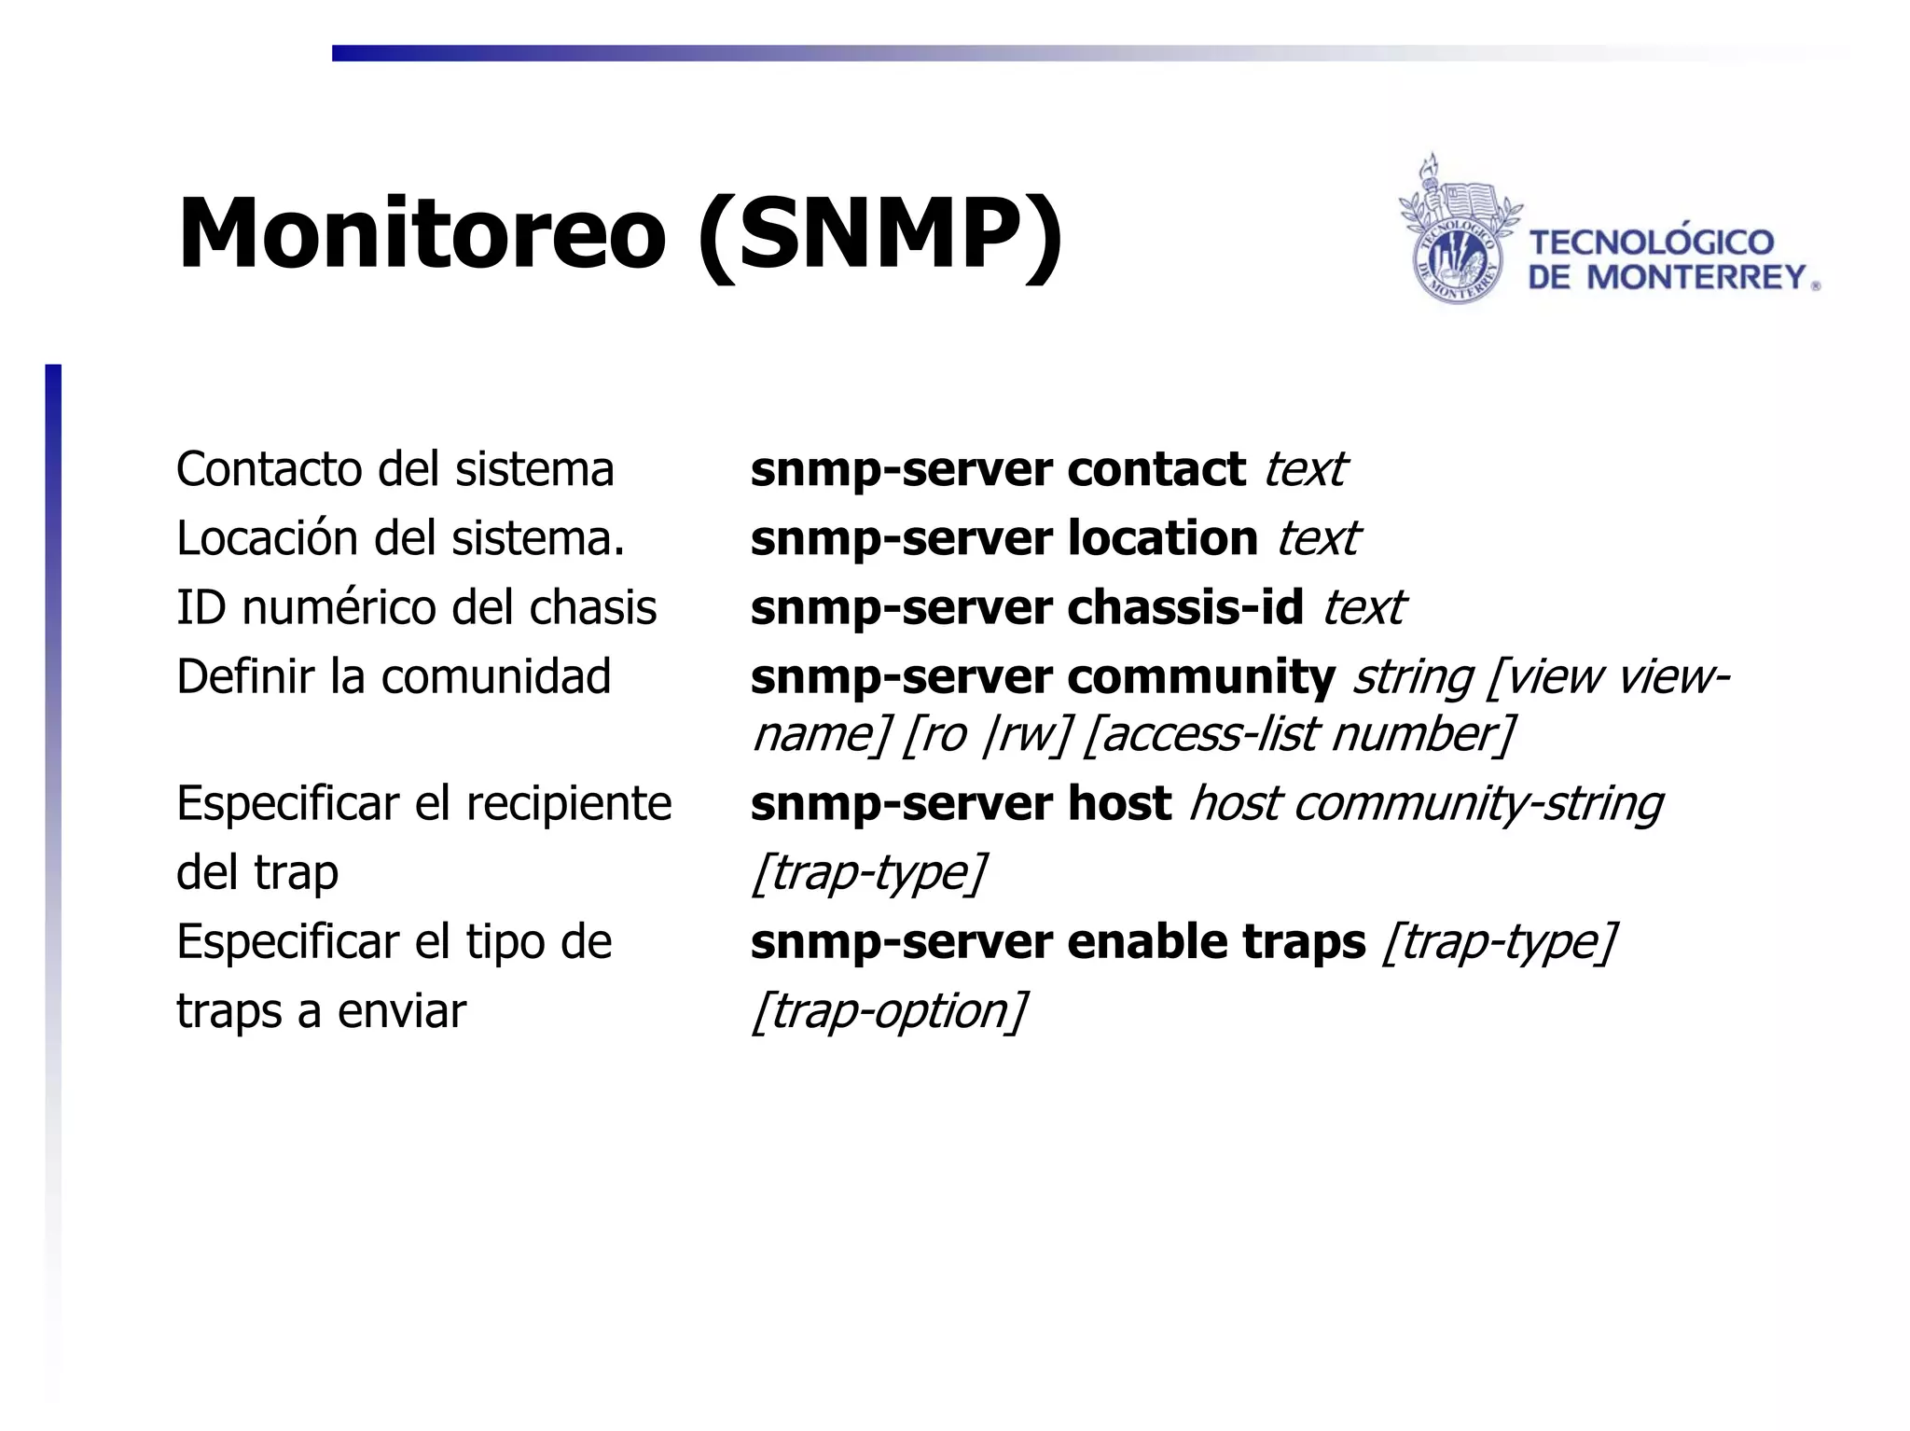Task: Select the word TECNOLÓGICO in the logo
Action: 1652,243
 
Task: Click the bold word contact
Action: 1156,469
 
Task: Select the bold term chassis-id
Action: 1184,607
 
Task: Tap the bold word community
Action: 1201,676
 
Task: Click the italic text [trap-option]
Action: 889,1010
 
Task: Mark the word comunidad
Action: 496,676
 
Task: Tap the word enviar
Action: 402,1010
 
